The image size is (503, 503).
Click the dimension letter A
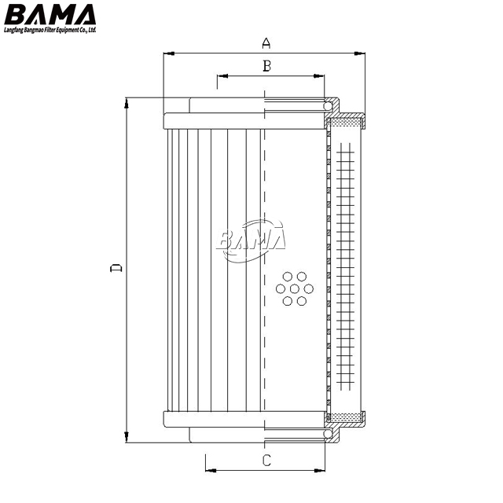(266, 43)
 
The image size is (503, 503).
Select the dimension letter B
(266, 66)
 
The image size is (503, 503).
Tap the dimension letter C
(266, 461)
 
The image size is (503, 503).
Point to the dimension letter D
(116, 268)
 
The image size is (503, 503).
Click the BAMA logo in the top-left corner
(50, 15)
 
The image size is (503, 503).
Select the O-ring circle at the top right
(328, 106)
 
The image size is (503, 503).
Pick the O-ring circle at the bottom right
(328, 434)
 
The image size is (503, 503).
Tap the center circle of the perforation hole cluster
(294, 289)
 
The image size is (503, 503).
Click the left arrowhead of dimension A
(169, 53)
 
